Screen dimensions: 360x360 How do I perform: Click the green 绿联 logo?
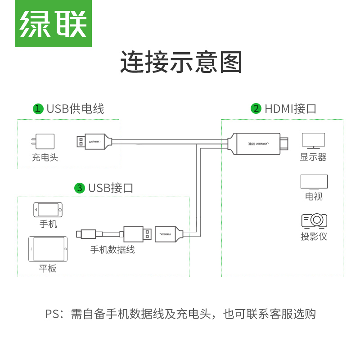pos(53,23)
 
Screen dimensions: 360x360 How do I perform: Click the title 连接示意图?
pos(181,63)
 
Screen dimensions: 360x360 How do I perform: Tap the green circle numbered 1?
pos(38,109)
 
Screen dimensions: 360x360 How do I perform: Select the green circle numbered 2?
pos(256,109)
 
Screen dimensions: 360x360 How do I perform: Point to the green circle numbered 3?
pos(80,188)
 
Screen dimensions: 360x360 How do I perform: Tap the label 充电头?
pos(45,158)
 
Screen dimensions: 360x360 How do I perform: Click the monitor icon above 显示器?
pos(313,140)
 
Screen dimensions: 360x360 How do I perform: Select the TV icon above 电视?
pos(314,181)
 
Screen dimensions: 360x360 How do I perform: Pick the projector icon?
pos(314,220)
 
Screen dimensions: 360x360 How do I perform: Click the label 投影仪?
pos(314,236)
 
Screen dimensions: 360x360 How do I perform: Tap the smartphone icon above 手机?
pos(48,209)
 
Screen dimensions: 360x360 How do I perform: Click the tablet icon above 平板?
pos(48,249)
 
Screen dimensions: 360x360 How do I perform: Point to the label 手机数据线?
pos(112,249)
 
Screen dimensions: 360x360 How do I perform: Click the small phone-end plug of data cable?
pos(85,234)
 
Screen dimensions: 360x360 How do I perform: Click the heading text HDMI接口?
pos(290,109)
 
